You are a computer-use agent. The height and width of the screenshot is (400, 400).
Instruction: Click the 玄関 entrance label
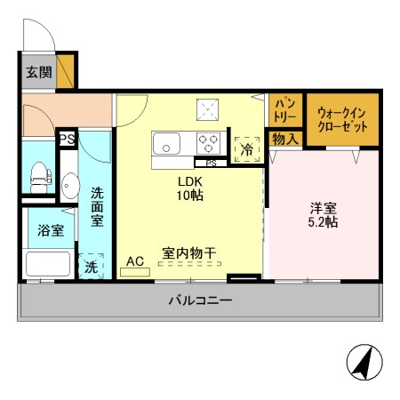point(39,72)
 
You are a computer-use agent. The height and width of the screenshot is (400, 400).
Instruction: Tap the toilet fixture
point(40,178)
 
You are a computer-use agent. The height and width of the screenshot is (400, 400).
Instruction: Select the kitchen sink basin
point(166,143)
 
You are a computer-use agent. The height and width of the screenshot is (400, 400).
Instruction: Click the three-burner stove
point(208,143)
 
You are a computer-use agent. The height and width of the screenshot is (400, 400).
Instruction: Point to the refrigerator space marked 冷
point(247,149)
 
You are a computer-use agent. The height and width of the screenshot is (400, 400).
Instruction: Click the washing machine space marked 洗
point(91,266)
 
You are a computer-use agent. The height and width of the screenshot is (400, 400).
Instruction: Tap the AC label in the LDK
point(135,261)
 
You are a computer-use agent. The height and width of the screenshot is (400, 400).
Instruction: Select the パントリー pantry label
point(284,110)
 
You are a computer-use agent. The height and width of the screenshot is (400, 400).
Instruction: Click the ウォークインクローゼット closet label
point(342,120)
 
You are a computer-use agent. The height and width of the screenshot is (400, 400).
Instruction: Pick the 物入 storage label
point(285,139)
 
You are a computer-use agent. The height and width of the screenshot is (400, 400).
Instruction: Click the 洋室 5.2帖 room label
point(323,215)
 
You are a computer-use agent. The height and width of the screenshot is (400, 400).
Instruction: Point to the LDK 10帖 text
point(190,188)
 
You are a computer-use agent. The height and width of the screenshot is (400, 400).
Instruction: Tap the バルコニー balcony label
point(200,300)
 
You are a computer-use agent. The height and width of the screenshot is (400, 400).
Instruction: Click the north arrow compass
point(364,362)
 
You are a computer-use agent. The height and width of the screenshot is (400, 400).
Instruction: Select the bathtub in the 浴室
point(48,264)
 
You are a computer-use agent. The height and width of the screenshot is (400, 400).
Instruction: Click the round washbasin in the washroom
point(70,186)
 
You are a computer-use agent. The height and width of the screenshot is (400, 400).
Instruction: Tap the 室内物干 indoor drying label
point(189,253)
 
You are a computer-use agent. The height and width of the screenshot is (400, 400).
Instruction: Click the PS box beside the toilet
point(68,139)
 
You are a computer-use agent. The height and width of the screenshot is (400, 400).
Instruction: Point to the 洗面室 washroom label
point(97,206)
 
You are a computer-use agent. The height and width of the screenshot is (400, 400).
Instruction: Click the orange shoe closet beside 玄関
point(65,71)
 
